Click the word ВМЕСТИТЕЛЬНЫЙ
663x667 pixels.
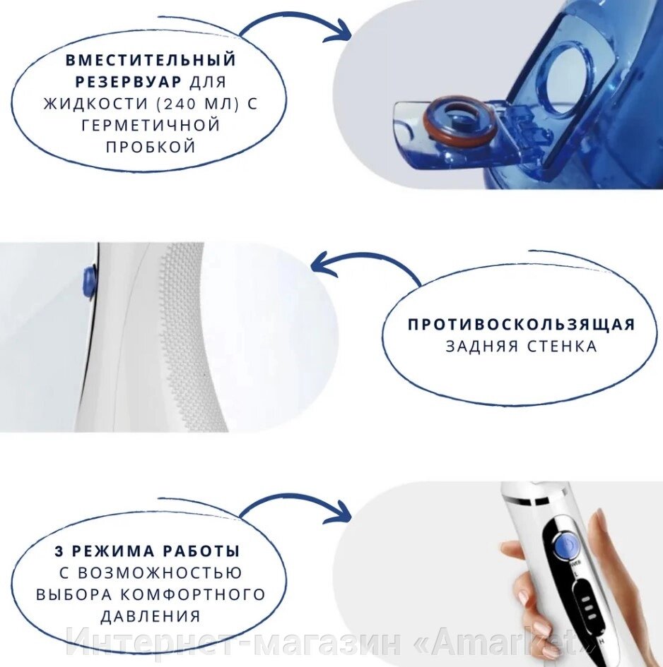(x=151, y=60)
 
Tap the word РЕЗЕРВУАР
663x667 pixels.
(x=128, y=82)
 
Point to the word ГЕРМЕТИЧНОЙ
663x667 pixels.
(x=151, y=125)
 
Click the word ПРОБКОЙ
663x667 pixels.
(x=151, y=147)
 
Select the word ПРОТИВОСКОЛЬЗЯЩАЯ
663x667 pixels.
(x=521, y=325)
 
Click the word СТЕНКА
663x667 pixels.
(x=562, y=347)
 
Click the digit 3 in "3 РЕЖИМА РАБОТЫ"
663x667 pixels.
(x=59, y=551)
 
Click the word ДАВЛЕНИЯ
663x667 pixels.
(x=151, y=616)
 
